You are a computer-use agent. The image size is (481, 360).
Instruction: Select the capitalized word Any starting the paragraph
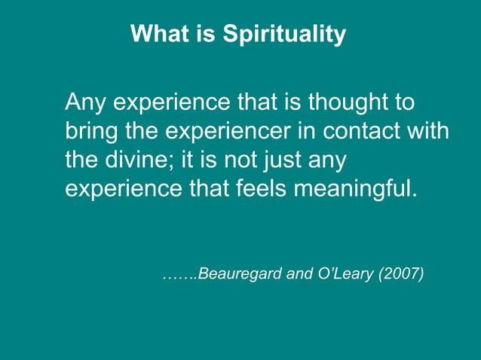pyautogui.click(x=84, y=102)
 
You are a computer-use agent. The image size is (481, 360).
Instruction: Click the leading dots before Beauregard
pyautogui.click(x=179, y=276)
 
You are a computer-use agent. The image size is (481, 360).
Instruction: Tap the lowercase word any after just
pyautogui.click(x=337, y=160)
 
